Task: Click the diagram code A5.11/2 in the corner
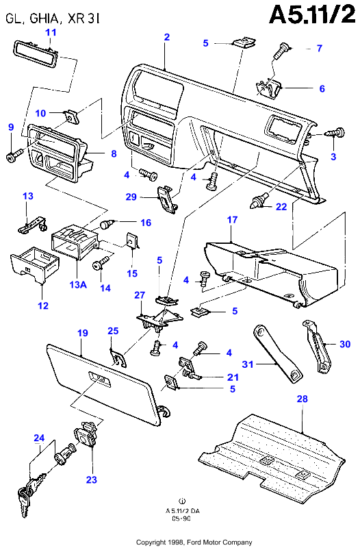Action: click(312, 14)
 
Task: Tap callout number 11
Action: click(51, 32)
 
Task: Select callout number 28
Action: click(302, 399)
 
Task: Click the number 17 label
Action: click(232, 220)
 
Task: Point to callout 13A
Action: click(78, 284)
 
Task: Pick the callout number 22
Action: click(281, 207)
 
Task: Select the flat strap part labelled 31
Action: click(278, 353)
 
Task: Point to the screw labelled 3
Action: click(335, 134)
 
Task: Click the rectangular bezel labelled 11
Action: click(36, 52)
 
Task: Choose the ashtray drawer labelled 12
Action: click(34, 264)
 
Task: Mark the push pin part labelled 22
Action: click(258, 201)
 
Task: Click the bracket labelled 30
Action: click(318, 346)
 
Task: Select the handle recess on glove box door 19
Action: click(99, 379)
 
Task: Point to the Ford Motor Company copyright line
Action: click(194, 542)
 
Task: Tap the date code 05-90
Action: click(181, 519)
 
